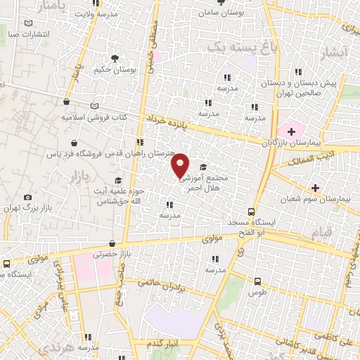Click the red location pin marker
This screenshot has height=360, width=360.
[181, 165]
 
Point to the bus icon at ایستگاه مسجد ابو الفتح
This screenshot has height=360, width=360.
[252, 212]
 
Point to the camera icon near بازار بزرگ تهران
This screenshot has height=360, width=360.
[27, 198]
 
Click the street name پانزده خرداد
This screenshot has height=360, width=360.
[169, 121]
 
